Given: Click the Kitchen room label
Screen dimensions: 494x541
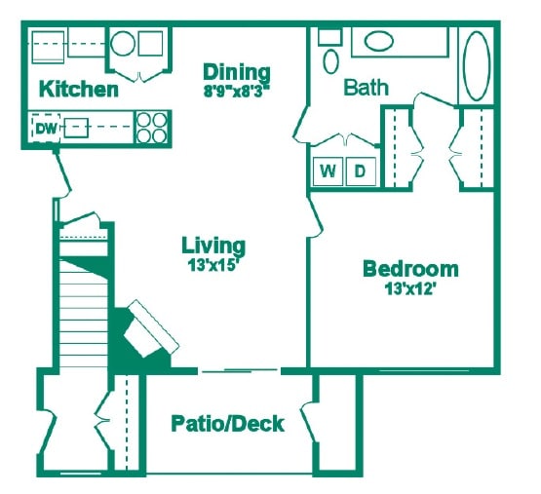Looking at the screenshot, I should pos(78,91).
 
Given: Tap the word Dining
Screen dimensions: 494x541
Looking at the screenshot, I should pos(236,72).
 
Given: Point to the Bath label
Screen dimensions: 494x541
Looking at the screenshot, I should pos(367,87).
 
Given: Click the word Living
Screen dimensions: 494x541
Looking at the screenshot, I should pos(213,245).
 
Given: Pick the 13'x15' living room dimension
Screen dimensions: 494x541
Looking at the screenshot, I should pos(213,263).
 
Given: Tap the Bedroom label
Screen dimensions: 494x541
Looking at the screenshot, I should pos(410,269).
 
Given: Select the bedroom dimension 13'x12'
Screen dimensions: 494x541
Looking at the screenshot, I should pos(410,287).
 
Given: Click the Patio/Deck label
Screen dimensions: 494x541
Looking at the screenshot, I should pos(228,424).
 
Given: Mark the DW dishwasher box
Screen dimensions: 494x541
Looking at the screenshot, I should pos(45,128).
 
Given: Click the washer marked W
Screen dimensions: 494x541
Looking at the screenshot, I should pos(328,171).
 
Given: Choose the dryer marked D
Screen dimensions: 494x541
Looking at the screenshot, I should pos(359,171).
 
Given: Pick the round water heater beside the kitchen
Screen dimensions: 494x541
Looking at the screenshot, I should pos(123,44).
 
